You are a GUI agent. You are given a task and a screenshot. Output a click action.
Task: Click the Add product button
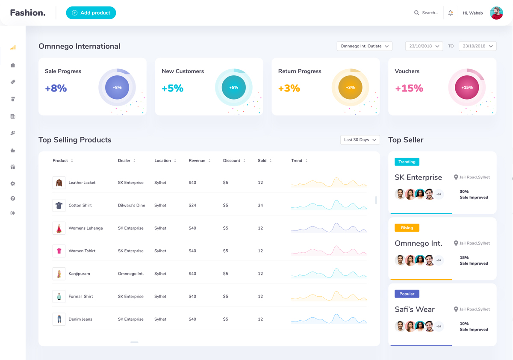point(91,13)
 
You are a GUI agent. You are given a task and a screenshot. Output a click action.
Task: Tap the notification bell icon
point(451,13)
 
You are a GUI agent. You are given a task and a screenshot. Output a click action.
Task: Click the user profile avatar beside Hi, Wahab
point(496,13)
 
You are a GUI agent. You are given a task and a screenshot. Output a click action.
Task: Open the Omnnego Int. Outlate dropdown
point(364,46)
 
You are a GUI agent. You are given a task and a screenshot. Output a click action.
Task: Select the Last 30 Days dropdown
point(360,140)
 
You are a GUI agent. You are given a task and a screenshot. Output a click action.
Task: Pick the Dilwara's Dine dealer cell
point(131,205)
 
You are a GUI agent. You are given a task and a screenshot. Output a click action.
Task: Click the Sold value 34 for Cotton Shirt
point(260,205)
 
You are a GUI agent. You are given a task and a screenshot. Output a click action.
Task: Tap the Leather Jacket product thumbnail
point(59,183)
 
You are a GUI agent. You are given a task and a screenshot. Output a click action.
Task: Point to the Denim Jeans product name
point(80,319)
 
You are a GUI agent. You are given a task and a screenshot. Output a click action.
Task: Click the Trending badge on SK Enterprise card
point(407,162)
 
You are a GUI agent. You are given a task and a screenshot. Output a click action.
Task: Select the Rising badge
point(407,228)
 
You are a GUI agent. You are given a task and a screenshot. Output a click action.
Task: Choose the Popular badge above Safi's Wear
point(407,294)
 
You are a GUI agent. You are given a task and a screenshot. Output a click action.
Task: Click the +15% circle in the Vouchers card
point(467,87)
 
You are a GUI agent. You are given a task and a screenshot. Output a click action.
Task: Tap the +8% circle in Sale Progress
point(117,87)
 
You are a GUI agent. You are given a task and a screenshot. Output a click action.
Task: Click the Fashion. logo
point(28,13)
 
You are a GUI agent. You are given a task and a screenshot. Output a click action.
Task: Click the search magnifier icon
point(416,13)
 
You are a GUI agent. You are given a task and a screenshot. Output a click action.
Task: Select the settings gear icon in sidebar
point(13,183)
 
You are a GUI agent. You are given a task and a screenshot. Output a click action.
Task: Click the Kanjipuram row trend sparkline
point(329,274)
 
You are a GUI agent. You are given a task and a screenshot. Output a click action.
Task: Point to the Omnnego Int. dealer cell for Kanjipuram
point(131,274)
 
